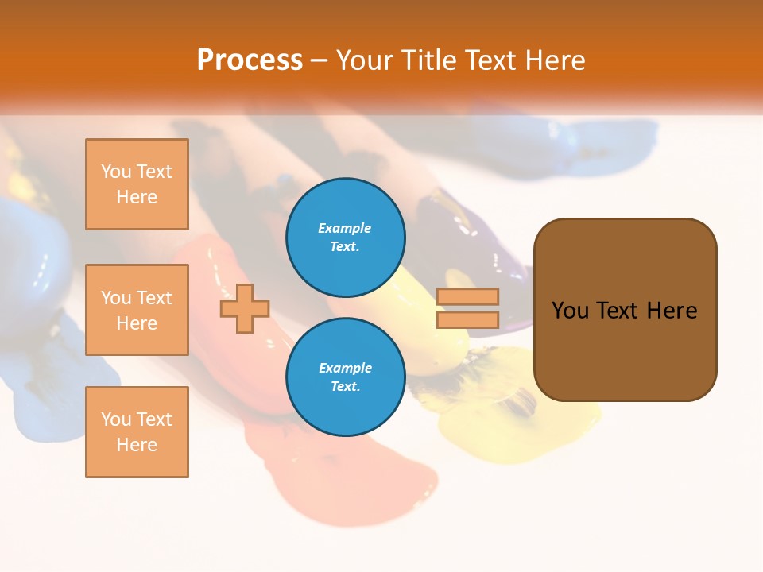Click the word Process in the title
pos(250,60)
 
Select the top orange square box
pos(137,184)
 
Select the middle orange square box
pos(137,310)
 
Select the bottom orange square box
pos(137,432)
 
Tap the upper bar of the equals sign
pos(467,296)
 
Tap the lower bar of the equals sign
pos(467,320)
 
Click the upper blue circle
pos(346,237)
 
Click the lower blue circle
pos(346,377)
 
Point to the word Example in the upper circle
pos(344,228)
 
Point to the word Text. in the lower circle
pos(345,386)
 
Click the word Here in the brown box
pos(672,311)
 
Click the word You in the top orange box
pos(116,172)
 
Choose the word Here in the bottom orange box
pos(137,445)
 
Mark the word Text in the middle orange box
pos(154,298)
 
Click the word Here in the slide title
pos(556,60)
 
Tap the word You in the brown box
pos(570,311)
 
